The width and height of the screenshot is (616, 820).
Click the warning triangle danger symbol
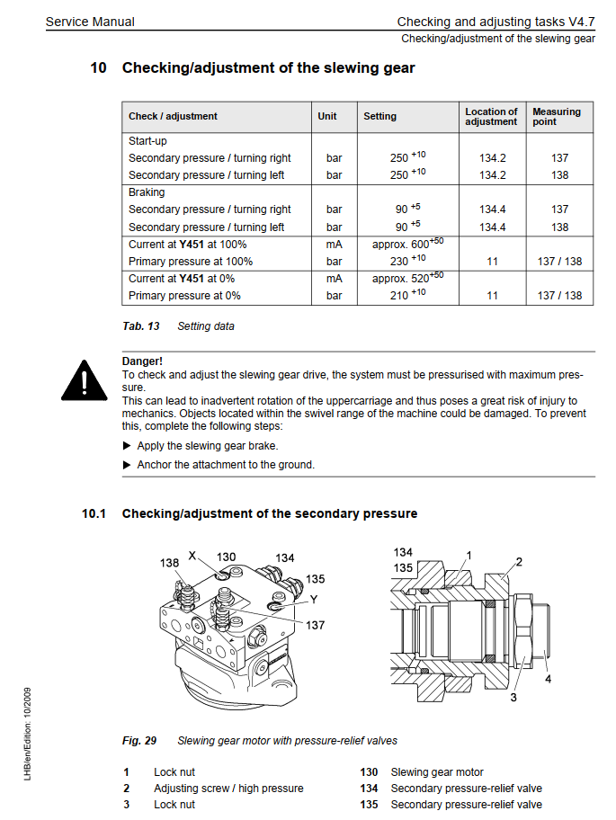coord(84,379)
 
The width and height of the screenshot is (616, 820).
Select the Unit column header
coord(327,116)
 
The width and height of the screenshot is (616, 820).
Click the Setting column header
coord(379,116)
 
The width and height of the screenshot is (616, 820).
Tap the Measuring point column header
coord(557,117)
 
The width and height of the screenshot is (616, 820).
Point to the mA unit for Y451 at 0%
coord(335,279)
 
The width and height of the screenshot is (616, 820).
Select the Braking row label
coord(147,192)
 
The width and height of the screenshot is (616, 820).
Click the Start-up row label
coord(147,141)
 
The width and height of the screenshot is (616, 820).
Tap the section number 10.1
coord(94,513)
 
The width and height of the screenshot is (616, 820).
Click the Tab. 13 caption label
coord(141,326)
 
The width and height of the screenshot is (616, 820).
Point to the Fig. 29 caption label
coord(139,741)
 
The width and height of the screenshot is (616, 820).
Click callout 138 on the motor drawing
coord(170,563)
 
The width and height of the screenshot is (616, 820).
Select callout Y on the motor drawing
coord(313,598)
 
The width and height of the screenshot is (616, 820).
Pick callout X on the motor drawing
coord(192,556)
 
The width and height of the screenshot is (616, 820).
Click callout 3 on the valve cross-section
coord(513,696)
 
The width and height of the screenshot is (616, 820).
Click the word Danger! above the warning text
coord(142,361)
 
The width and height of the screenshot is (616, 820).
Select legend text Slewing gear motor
coord(436,772)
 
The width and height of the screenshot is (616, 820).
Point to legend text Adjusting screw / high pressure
coord(228,789)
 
